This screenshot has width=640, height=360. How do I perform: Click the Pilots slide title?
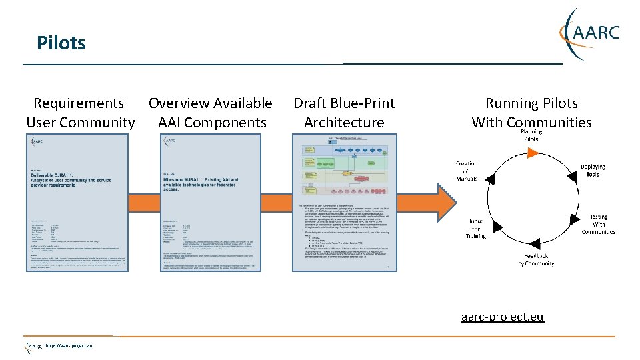tap(61, 43)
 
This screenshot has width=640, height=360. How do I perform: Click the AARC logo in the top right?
tap(591, 33)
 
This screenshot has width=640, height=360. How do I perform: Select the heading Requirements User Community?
tap(80, 113)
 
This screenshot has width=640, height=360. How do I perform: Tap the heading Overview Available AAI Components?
tap(211, 113)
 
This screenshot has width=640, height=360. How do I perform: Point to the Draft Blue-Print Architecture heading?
tap(344, 113)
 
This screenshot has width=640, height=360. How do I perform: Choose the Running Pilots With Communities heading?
tap(531, 113)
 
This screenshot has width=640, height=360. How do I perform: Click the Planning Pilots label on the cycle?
tap(531, 135)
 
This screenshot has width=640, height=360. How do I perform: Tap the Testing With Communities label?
tap(598, 224)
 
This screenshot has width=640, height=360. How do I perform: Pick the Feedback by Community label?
tap(536, 259)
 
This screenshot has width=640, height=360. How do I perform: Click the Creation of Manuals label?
tap(466, 171)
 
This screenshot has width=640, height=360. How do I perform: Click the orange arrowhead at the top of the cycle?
tap(531, 153)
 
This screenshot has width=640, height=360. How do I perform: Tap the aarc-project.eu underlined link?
tap(502, 317)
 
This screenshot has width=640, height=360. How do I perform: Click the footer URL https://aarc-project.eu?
tap(69, 345)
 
